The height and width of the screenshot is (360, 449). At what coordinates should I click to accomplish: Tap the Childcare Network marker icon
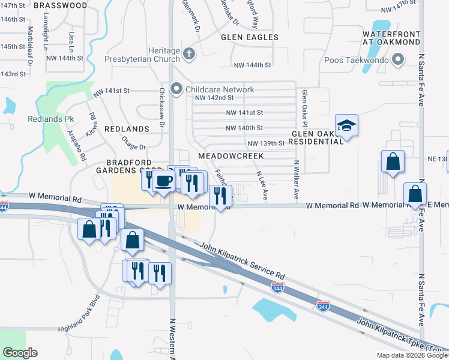tap(176, 89)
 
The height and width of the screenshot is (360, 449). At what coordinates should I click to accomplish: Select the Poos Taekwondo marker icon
tap(397, 60)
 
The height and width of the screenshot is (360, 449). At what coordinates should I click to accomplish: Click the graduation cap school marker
tap(346, 127)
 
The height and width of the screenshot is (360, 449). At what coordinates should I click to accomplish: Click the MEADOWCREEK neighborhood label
tap(231, 155)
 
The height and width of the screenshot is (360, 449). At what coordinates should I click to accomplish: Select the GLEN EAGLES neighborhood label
tap(250, 37)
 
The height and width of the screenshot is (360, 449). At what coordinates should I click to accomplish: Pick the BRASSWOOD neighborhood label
tap(61, 5)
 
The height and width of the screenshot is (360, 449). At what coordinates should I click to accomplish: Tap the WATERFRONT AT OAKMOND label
tap(392, 38)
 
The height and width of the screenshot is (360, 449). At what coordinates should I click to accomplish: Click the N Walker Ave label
tap(296, 181)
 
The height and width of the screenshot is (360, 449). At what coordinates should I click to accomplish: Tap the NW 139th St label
tap(265, 143)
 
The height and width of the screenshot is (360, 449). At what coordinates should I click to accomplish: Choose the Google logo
tap(20, 353)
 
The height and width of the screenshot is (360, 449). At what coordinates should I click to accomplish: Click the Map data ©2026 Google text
tap(411, 355)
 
